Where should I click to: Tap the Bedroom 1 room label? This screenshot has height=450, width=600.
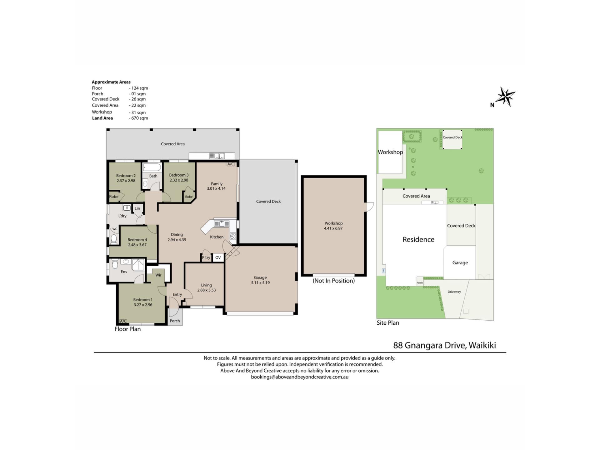coord(143,300)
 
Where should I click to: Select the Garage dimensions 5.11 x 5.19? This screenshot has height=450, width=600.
coord(260,283)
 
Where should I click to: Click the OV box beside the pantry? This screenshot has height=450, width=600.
coord(218,257)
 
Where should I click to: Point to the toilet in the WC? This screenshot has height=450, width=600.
coord(114,239)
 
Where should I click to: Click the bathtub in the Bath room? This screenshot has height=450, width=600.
coord(152,167)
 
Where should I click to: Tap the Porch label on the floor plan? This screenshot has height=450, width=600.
coord(175,321)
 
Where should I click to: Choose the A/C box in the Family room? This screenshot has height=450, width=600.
coord(231,164)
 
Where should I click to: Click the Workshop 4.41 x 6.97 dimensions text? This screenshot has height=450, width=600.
coord(333,228)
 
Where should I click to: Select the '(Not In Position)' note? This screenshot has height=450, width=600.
coord(334,281)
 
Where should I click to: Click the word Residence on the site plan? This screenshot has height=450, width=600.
coord(418,239)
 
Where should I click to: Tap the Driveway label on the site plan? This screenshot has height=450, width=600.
coord(454,292)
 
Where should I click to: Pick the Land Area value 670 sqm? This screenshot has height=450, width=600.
coord(138,118)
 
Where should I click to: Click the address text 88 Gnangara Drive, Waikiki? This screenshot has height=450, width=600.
coord(444,345)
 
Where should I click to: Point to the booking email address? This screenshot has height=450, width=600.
coord(300,377)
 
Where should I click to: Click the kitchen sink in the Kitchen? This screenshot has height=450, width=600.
coord(222,224)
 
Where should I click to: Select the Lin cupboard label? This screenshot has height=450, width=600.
coord(137,208)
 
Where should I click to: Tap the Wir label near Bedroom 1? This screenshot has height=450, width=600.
coord(158,275)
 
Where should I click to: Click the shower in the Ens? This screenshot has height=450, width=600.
coord(138,265)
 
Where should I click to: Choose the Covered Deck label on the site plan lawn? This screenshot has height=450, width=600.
coord(452,137)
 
